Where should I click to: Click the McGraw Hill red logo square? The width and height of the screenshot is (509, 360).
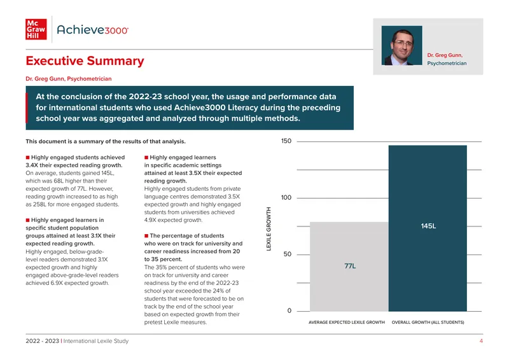[36, 29]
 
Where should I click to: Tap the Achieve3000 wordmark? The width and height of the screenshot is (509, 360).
[93, 30]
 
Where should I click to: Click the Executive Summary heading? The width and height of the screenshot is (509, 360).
[85, 61]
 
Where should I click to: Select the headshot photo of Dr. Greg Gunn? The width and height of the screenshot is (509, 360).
[402, 45]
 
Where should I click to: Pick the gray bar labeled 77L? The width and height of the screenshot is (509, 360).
[349, 267]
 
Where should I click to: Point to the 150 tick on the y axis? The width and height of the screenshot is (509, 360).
[286, 141]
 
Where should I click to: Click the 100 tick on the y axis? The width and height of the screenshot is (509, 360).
[286, 197]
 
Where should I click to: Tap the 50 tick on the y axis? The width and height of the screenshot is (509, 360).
[288, 254]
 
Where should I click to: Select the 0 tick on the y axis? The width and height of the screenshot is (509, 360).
[289, 310]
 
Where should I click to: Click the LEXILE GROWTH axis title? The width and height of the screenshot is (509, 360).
[268, 229]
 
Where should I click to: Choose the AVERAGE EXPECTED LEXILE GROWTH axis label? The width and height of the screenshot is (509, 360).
[346, 322]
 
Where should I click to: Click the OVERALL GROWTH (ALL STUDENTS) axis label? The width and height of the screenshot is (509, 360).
[428, 322]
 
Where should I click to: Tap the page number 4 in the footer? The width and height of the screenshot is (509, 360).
[481, 341]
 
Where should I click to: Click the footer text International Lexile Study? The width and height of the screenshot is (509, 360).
[96, 341]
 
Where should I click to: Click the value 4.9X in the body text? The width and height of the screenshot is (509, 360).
[151, 220]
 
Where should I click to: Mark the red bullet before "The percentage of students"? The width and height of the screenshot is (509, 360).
[146, 236]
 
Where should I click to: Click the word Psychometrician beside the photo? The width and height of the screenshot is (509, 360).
[447, 64]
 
